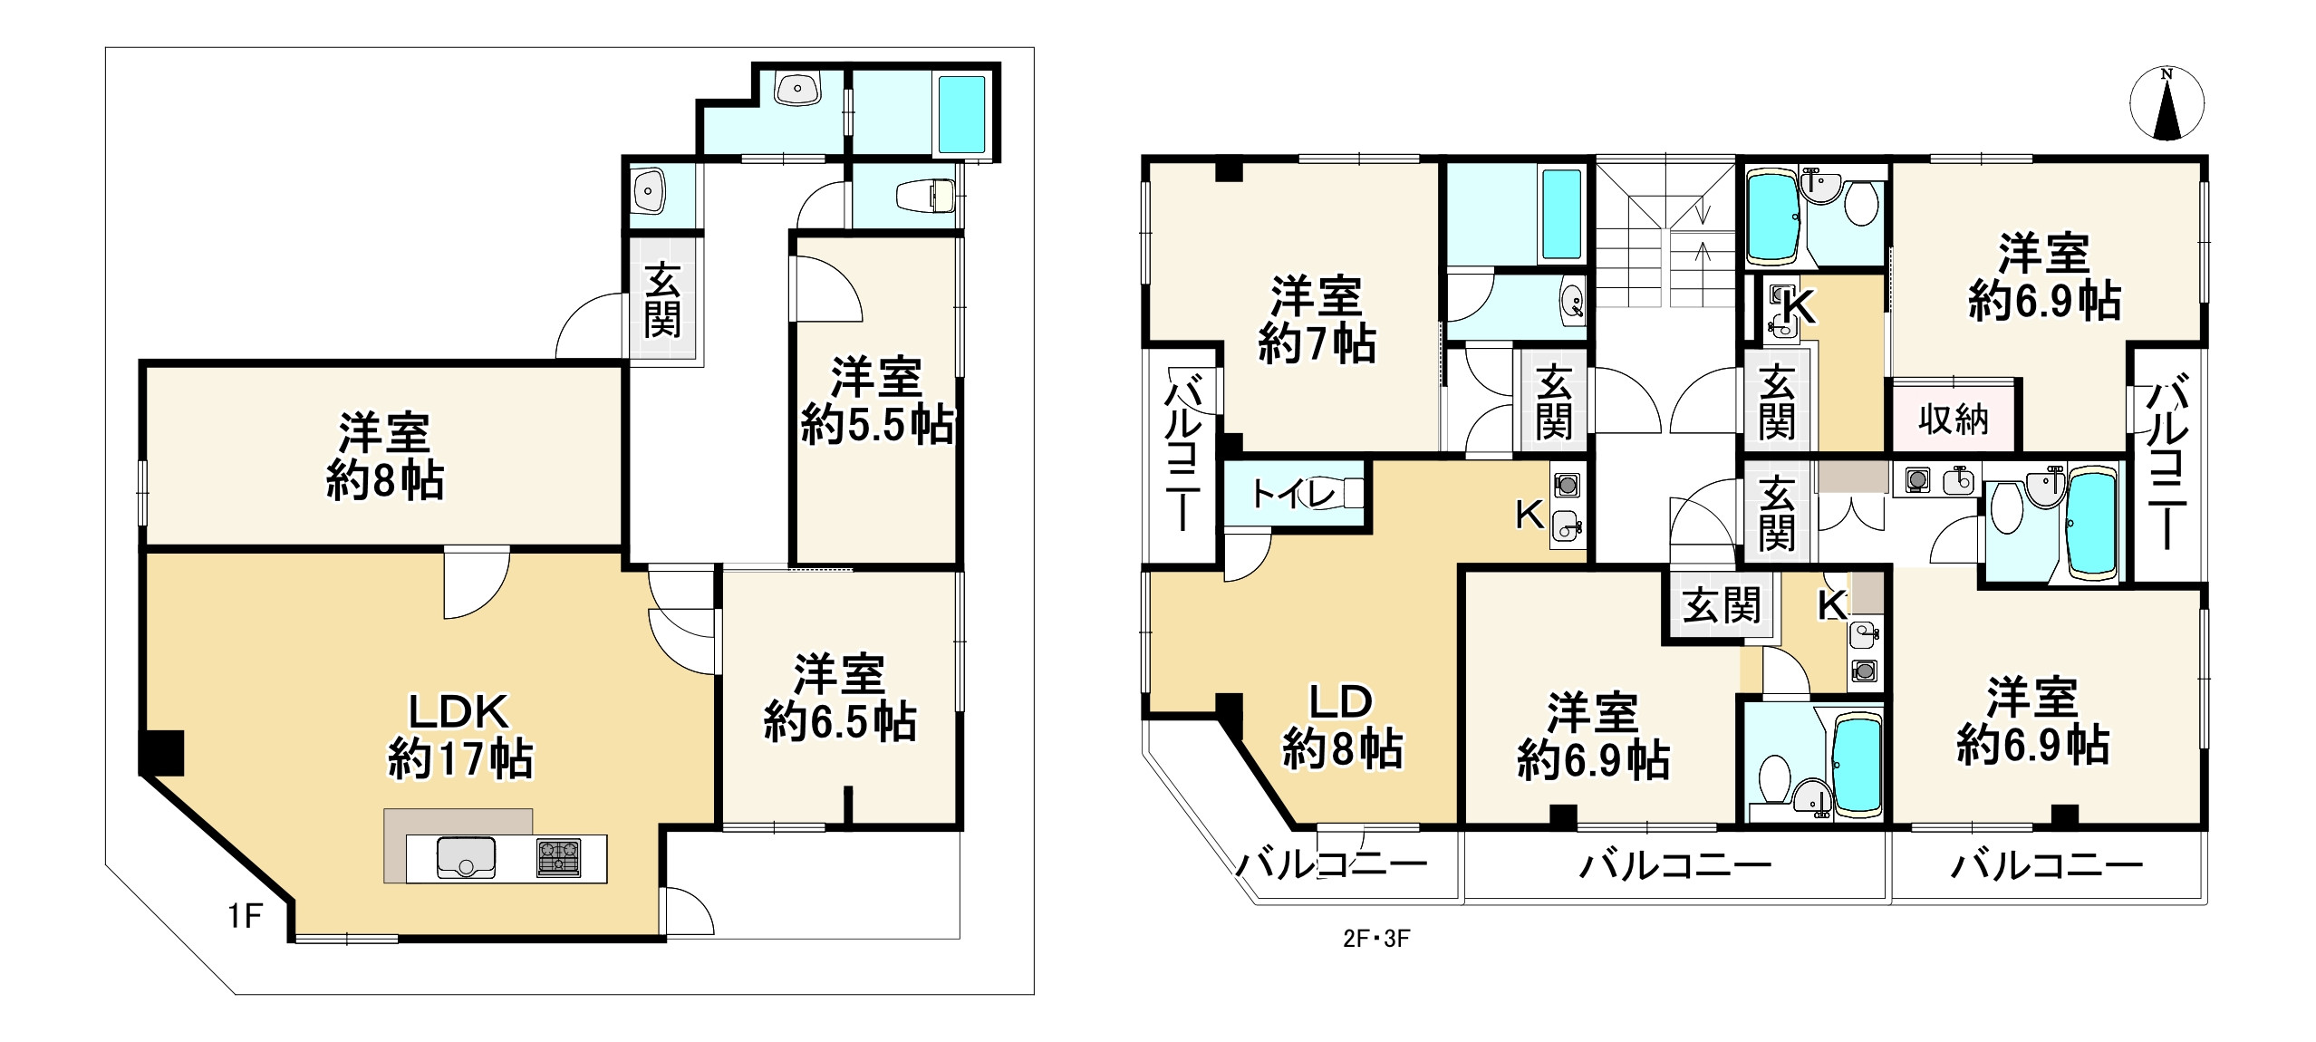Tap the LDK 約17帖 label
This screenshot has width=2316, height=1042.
(460, 736)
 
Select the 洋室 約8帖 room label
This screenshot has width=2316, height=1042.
(385, 457)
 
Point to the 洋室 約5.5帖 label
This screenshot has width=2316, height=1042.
(876, 400)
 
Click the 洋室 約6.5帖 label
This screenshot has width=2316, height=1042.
(839, 699)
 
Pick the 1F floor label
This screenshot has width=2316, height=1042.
(245, 917)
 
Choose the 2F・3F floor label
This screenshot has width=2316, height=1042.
(1376, 939)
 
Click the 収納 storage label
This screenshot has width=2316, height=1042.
(1953, 420)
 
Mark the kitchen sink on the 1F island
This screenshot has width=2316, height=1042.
(466, 857)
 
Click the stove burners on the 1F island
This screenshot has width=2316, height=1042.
(558, 857)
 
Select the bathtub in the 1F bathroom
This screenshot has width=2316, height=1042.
(961, 115)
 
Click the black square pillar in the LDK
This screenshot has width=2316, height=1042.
(162, 753)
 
